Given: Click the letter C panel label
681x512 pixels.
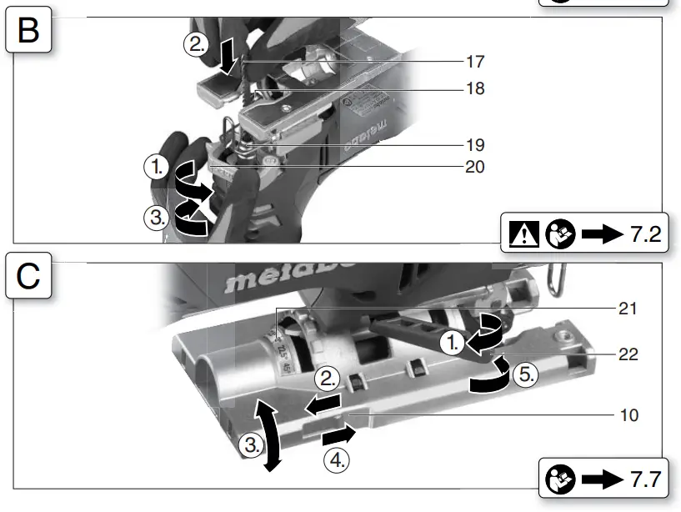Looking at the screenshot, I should point(28,276).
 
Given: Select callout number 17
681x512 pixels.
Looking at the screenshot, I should point(475,62).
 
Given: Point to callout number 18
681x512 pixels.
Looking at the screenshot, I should point(475,88).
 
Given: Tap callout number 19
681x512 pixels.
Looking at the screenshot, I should point(475,145).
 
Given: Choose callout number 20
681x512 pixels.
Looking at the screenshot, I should point(475,167).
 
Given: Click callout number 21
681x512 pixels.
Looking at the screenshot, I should point(628,309).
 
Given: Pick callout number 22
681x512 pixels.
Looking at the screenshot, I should point(628,354).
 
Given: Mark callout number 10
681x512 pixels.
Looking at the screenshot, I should point(628,414).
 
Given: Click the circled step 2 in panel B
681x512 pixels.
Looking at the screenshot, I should point(196,46).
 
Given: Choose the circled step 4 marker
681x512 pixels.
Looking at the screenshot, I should point(336,460).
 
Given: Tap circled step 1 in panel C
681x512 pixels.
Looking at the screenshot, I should point(451,342).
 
